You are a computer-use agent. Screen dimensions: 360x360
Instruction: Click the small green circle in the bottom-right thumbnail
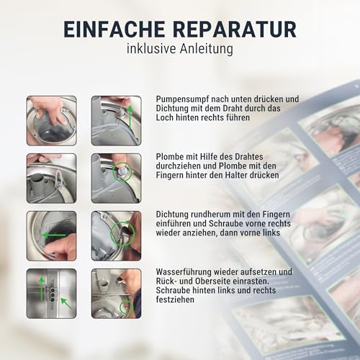click(x=127, y=307)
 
